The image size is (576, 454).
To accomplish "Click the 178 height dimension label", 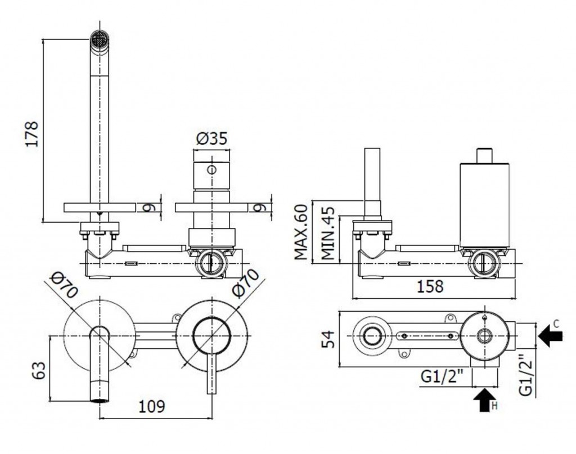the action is pos(31,134).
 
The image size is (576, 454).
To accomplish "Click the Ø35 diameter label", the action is pos(212,138).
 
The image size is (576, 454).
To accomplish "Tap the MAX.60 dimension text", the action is pos(301,232).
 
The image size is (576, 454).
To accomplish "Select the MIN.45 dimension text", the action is pos(328,233).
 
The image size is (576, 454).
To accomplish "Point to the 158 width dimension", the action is pos(430,286).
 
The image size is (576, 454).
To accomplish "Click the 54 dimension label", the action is pos(328,339).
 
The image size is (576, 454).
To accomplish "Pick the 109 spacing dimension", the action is pos(152,406).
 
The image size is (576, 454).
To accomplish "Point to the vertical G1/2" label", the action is pos(526,374).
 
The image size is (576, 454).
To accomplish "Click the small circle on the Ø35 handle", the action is pos(211,170).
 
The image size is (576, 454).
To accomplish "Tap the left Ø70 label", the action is pos(65,285).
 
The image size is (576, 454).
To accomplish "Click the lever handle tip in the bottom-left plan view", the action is pos(211,392).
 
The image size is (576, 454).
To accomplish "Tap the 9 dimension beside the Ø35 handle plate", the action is pos(260,208).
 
